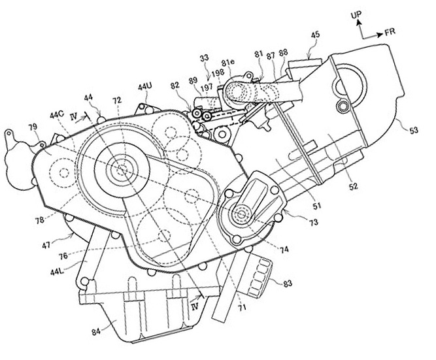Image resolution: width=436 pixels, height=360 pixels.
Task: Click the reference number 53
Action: (413, 130)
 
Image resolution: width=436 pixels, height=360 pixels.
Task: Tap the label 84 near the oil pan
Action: (96, 332)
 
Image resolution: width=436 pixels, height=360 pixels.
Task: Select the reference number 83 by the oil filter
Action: (288, 284)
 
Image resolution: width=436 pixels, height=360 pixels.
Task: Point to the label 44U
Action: (145, 87)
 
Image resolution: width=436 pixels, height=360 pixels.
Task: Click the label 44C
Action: (57, 114)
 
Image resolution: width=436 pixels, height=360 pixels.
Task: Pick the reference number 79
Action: (32, 127)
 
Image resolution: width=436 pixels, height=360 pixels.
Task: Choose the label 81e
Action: (228, 62)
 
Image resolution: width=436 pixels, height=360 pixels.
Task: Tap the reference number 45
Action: (315, 35)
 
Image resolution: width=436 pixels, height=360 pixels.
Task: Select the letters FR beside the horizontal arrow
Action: (390, 32)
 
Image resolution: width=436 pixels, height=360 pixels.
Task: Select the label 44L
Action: (57, 272)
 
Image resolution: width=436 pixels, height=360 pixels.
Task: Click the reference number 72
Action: (117, 100)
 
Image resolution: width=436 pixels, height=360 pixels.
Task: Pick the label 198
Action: (218, 73)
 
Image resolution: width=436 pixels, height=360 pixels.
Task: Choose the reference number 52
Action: (353, 186)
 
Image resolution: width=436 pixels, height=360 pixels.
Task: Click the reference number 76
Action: (63, 255)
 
